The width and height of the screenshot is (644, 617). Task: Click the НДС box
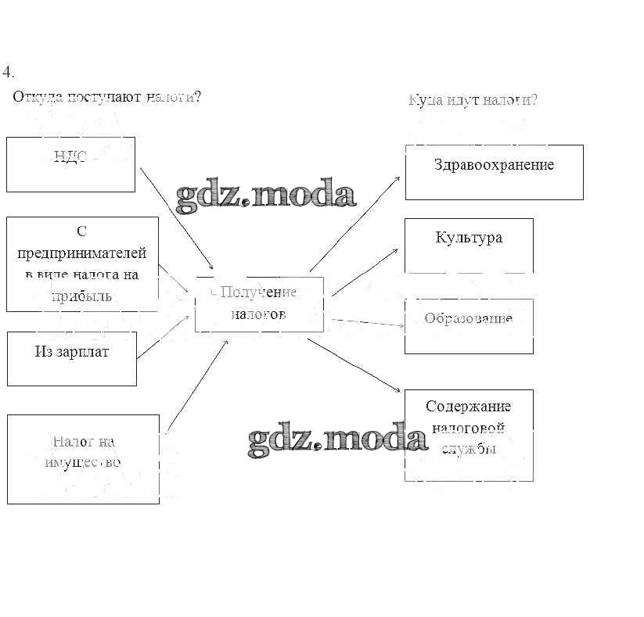[70, 164]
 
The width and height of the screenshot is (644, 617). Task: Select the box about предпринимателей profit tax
[82, 264]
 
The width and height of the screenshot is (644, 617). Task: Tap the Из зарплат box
[72, 358]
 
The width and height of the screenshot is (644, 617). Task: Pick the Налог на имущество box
[83, 459]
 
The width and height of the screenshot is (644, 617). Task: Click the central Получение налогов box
[259, 303]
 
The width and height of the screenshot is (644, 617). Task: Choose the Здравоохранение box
[494, 172]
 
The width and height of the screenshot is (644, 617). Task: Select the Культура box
[469, 245]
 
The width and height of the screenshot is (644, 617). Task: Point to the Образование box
[469, 325]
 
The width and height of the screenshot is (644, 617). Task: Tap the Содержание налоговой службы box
[469, 435]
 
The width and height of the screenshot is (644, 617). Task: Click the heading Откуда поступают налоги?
[107, 97]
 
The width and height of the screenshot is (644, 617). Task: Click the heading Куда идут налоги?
[473, 100]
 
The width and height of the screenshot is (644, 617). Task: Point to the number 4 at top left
[8, 72]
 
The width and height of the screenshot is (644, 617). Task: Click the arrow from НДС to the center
[176, 218]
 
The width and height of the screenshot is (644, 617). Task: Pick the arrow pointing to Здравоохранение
[355, 224]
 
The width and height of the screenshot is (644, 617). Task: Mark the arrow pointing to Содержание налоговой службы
[355, 364]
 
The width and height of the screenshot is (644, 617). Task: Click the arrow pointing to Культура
[365, 273]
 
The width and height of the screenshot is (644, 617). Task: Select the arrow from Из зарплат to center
[164, 337]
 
